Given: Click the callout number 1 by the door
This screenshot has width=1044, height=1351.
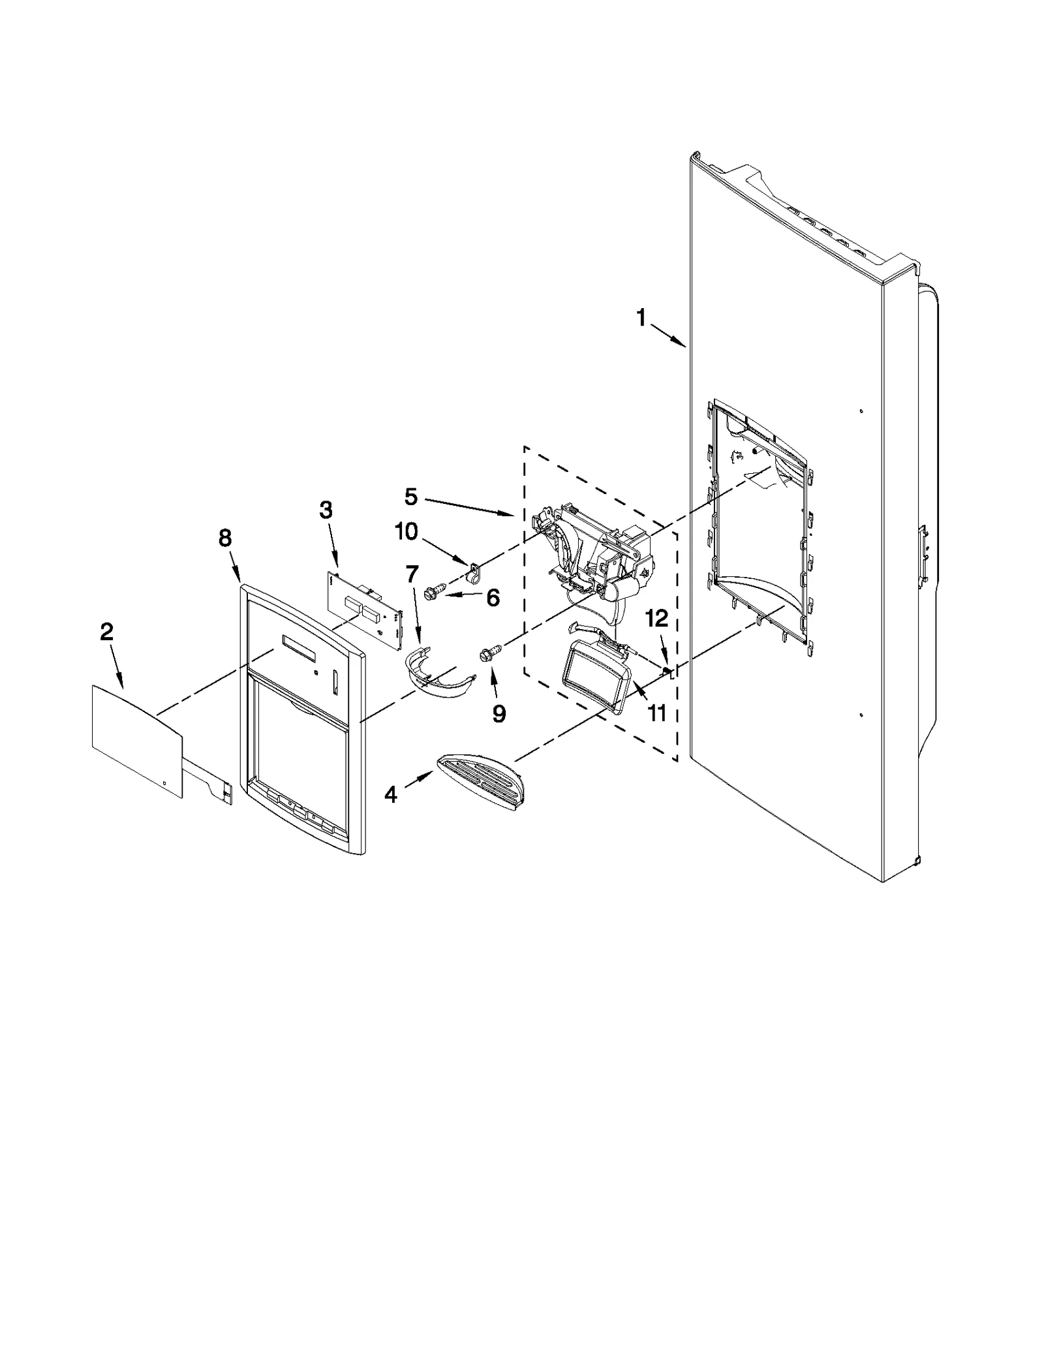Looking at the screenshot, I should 641,318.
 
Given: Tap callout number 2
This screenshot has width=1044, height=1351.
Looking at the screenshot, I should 106,631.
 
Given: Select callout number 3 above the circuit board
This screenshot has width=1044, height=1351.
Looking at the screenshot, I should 326,510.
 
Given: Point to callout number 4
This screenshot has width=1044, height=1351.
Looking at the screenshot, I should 390,794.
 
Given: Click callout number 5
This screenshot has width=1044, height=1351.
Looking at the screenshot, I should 410,497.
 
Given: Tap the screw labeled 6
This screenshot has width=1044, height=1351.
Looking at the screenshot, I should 431,591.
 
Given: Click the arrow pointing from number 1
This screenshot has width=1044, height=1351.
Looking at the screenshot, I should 669,336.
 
